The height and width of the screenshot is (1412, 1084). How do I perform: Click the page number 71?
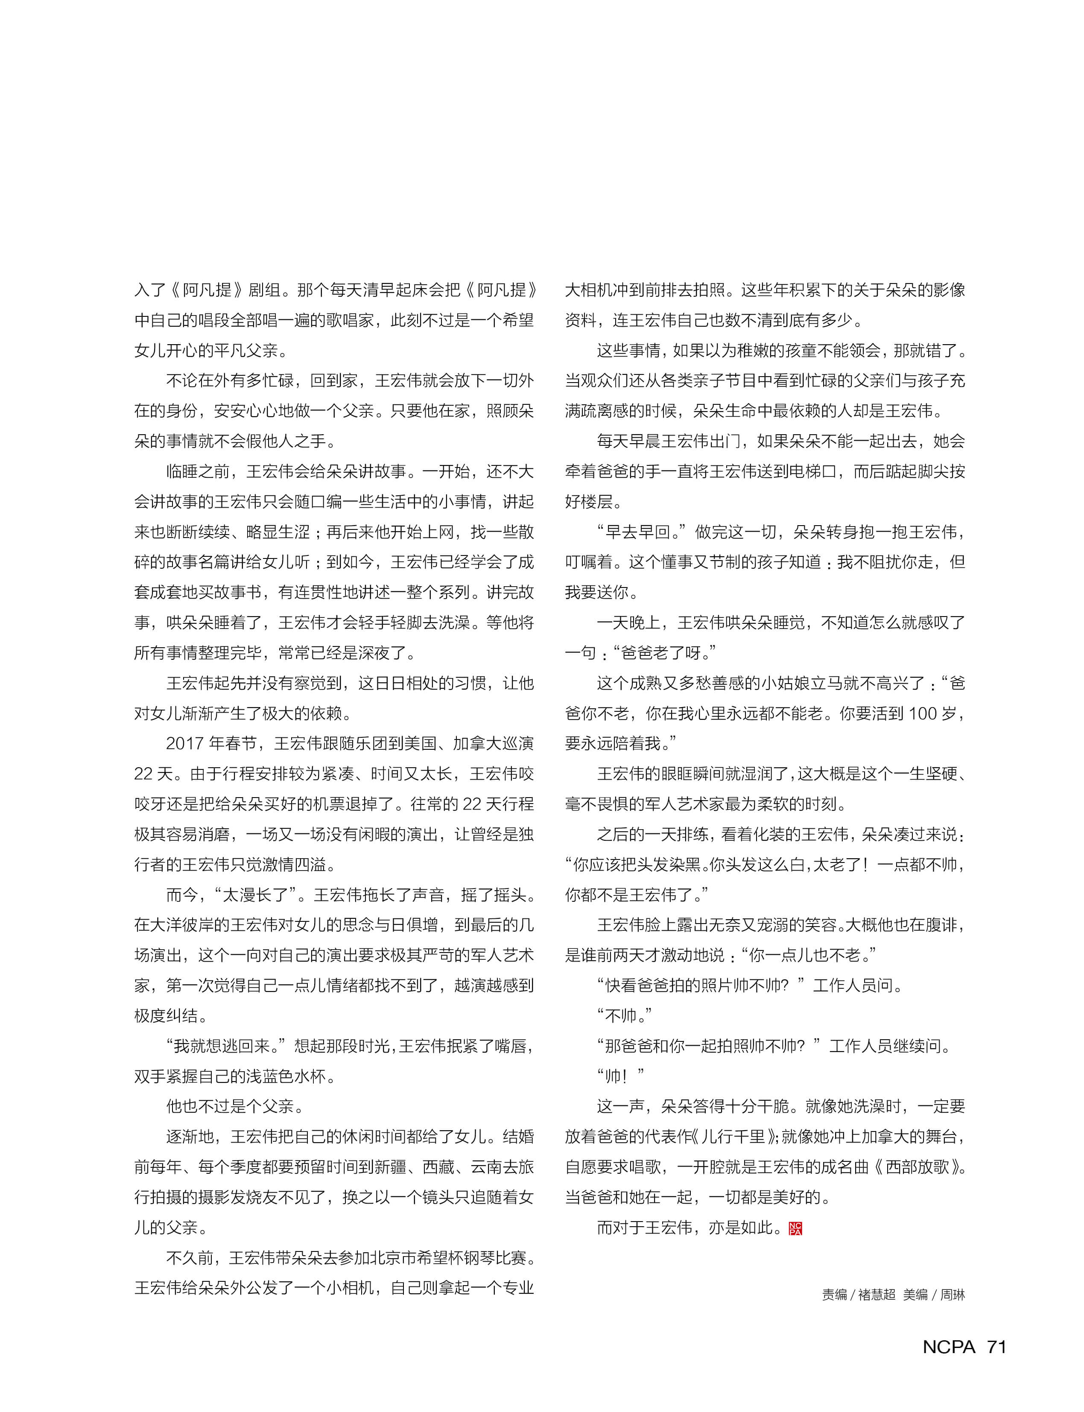pos(996,1346)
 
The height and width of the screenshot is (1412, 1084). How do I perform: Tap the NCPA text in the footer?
pos(949,1346)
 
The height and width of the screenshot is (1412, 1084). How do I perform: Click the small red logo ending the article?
pos(795,1228)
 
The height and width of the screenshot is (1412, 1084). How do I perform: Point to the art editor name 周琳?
pos(953,1295)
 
